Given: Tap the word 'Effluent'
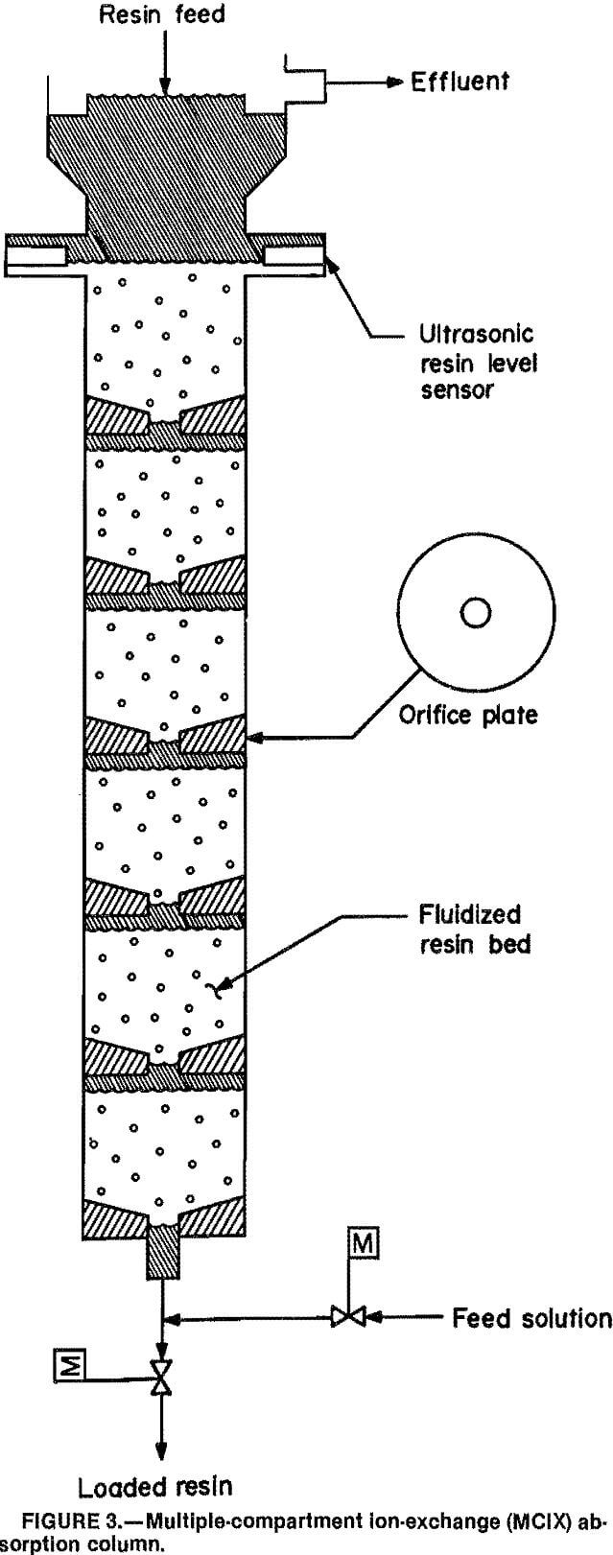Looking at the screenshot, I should pyautogui.click(x=460, y=82).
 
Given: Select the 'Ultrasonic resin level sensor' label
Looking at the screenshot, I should pyautogui.click(x=477, y=364).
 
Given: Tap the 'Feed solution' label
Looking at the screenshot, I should pyautogui.click(x=531, y=1317).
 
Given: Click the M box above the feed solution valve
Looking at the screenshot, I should pyautogui.click(x=365, y=1244).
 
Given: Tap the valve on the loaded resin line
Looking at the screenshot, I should pyautogui.click(x=162, y=1378).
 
